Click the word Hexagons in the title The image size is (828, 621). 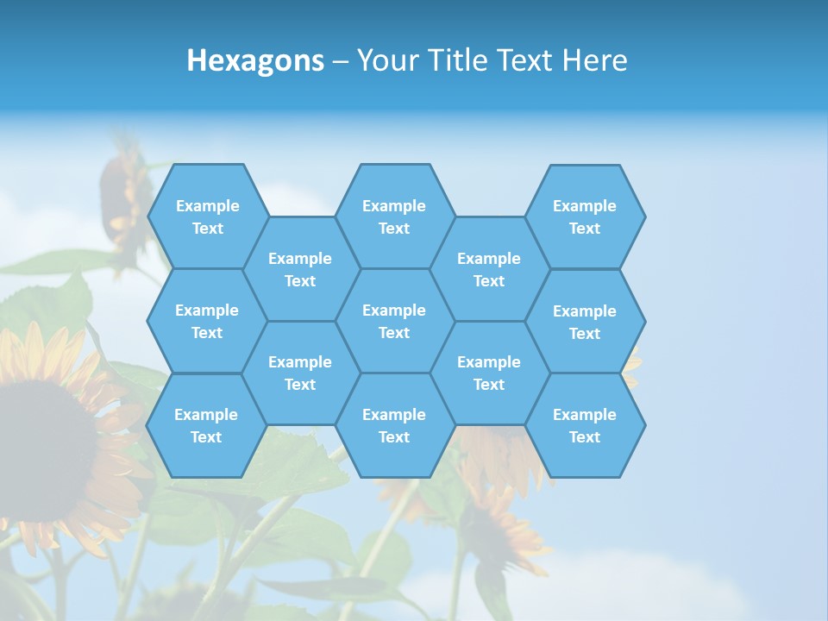click(255, 60)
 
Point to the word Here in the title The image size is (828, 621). click(594, 60)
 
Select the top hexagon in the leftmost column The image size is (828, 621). click(208, 216)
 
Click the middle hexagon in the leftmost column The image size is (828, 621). click(207, 321)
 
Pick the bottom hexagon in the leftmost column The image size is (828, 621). click(206, 425)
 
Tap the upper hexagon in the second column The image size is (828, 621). click(300, 269)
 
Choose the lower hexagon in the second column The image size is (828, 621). click(300, 373)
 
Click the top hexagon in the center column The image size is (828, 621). click(394, 216)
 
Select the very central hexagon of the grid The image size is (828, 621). click(394, 321)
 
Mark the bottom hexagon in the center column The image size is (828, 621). click(394, 425)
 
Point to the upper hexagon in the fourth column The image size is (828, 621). click(489, 269)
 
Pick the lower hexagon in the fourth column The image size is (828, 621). click(489, 373)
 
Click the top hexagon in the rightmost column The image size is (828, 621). click(585, 216)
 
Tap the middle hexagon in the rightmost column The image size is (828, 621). click(585, 322)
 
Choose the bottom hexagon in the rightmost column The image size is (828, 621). click(585, 425)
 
